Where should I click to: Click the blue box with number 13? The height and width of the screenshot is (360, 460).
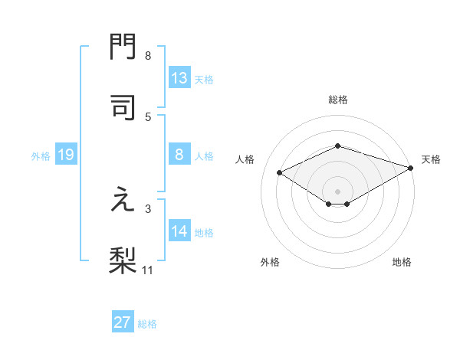click(179, 78)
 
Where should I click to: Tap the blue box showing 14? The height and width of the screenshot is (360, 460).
click(179, 231)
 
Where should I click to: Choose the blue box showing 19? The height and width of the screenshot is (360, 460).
click(65, 155)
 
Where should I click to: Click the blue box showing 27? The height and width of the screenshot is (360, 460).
click(123, 322)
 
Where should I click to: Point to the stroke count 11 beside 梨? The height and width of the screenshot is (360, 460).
click(148, 270)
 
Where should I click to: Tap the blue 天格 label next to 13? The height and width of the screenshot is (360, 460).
click(203, 80)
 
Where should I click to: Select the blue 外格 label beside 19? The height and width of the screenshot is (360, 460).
click(41, 156)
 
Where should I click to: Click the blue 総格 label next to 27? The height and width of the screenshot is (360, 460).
click(147, 324)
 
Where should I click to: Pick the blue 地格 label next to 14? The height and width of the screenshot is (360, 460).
click(204, 233)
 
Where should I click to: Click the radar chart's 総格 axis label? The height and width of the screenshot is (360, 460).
click(338, 100)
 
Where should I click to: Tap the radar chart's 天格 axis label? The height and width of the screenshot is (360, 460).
click(431, 159)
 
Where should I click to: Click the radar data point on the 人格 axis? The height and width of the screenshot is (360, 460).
click(280, 172)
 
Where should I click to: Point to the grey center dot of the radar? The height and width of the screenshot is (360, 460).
click(338, 191)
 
